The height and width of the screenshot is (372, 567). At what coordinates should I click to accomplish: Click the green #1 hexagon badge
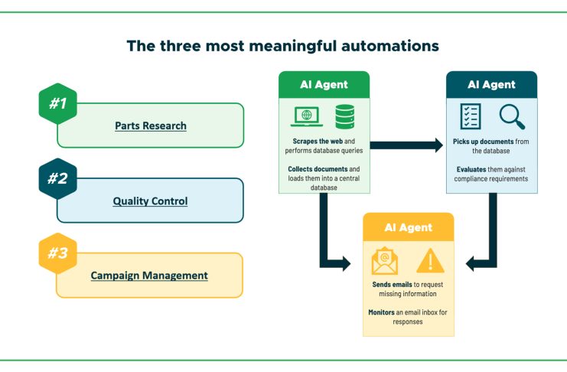[x=57, y=103]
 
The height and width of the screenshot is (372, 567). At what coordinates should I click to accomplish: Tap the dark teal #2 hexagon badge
[x=57, y=178]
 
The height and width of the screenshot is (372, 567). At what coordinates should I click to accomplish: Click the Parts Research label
[x=151, y=126]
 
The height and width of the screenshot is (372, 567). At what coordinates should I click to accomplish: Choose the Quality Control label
[x=150, y=201]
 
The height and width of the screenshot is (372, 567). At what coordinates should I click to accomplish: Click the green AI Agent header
[x=324, y=84]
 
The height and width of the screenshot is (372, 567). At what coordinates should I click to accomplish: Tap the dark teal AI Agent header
[x=491, y=84]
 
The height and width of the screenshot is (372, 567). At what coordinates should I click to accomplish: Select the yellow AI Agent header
[x=408, y=227]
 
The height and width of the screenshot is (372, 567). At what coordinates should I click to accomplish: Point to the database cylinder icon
[x=344, y=117]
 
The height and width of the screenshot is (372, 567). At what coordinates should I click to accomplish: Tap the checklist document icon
[x=470, y=117]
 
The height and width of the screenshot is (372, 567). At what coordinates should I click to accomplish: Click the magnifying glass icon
[x=511, y=117]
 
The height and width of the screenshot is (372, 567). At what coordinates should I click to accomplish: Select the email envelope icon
[x=385, y=260]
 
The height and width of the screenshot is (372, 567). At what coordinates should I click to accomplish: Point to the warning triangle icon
[x=430, y=260]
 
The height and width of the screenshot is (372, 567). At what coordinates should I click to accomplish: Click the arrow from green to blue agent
[x=406, y=144]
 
